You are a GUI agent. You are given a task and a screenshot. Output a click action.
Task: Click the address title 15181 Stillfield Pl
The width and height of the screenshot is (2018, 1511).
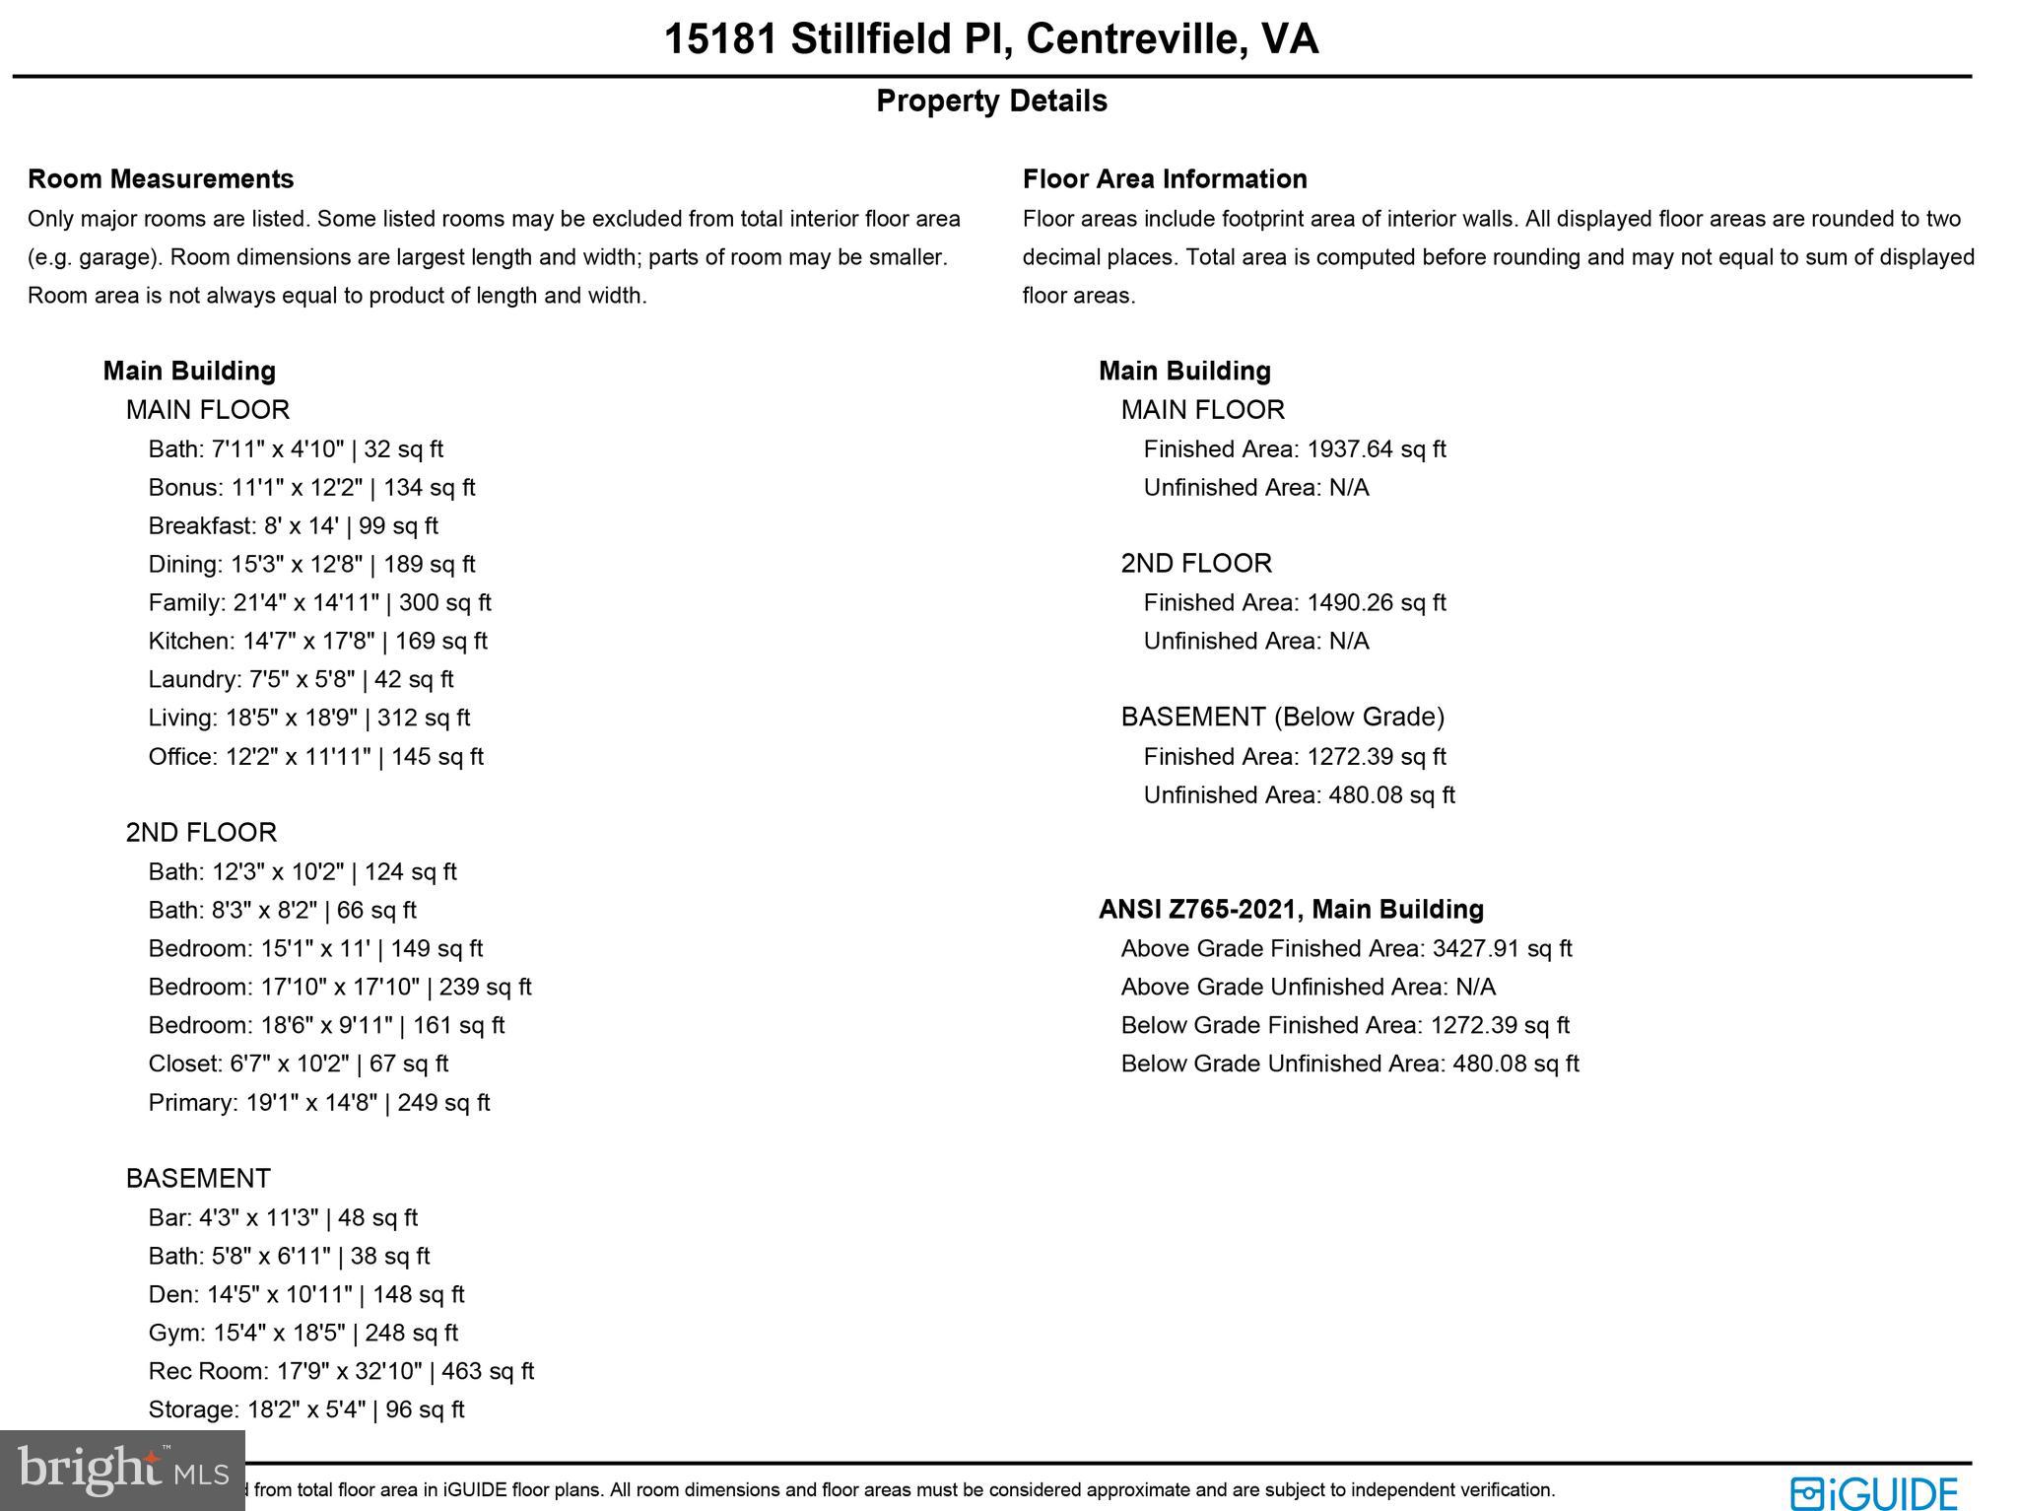[x=990, y=39]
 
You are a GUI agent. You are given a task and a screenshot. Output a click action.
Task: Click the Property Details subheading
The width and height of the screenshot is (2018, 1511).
[x=991, y=101]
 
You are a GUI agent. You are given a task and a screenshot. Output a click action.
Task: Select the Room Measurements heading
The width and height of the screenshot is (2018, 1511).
[x=161, y=178]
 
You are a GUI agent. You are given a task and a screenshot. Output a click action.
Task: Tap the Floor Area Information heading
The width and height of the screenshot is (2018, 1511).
[x=1165, y=178]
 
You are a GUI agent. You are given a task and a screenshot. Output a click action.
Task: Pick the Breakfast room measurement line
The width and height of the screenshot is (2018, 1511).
[x=293, y=525]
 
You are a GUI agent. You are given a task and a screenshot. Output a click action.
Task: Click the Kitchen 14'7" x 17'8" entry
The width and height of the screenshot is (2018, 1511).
[x=317, y=641]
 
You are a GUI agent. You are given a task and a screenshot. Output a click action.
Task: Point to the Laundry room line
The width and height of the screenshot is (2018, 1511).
[x=301, y=679]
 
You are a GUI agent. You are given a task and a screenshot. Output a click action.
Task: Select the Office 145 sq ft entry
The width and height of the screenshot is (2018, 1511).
[x=315, y=756]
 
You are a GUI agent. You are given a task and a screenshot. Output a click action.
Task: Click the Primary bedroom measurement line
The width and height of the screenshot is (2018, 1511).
[x=318, y=1102]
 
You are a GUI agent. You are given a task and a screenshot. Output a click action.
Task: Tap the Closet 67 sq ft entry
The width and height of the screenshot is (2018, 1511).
[x=298, y=1064]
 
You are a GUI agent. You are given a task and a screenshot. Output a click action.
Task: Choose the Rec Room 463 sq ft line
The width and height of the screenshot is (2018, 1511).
[x=341, y=1371]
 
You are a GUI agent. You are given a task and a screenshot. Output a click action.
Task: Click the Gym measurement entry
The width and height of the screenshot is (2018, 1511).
[x=303, y=1333]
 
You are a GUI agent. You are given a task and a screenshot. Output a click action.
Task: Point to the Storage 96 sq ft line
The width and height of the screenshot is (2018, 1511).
[x=305, y=1409]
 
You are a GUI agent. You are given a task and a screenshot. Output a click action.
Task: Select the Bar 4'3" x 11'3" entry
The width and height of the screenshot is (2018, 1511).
[x=283, y=1217]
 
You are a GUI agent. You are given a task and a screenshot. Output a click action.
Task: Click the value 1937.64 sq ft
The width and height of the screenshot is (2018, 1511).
[x=1376, y=448]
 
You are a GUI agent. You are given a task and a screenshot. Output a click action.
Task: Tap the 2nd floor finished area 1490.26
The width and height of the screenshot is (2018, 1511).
[x=1376, y=602]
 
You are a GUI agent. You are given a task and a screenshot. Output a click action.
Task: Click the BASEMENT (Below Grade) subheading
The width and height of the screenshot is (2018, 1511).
[x=1282, y=717]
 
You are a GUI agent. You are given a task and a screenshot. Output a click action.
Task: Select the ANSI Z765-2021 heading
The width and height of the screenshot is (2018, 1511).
[x=1291, y=909]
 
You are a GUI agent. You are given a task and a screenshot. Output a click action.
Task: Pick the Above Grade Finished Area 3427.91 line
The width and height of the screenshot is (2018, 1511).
[x=1346, y=948]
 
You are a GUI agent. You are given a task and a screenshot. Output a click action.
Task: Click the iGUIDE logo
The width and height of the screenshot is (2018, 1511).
[x=1874, y=1491]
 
